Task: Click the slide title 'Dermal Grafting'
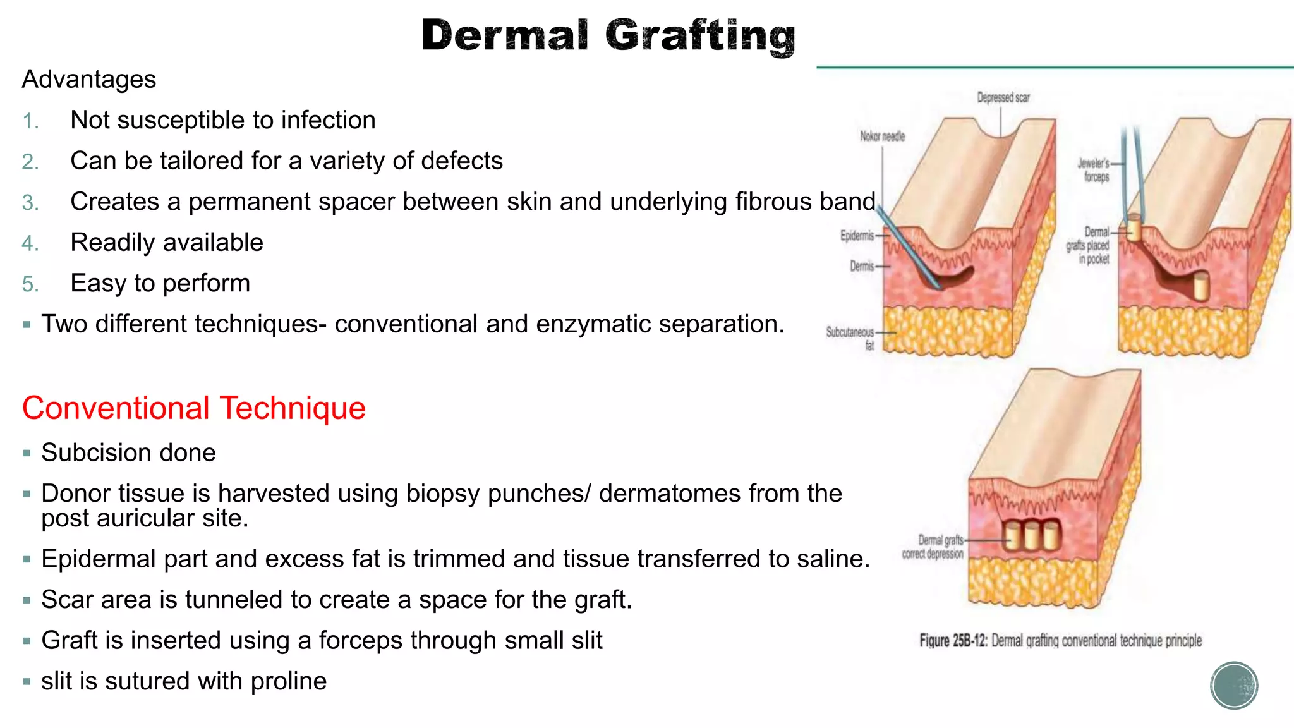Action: (608, 35)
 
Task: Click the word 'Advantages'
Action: (89, 80)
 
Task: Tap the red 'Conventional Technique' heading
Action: (194, 408)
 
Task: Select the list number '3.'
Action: (30, 203)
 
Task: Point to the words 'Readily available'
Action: (167, 243)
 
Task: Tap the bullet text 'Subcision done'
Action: (128, 452)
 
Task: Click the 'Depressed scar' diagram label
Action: (1003, 97)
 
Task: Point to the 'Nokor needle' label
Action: (882, 136)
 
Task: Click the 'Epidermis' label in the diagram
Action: (857, 236)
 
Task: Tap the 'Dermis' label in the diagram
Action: (861, 266)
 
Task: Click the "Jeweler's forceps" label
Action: (1094, 170)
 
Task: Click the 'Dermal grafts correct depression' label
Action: (933, 547)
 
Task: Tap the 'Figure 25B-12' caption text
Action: (1060, 641)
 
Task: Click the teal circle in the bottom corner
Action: (1234, 686)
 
